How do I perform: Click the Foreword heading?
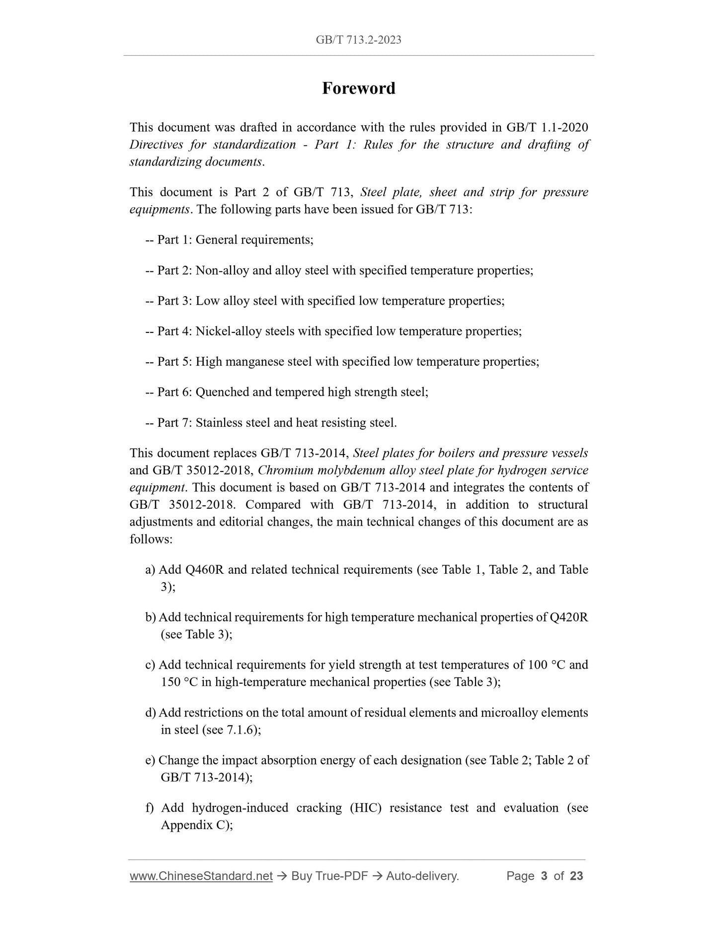pos(358,88)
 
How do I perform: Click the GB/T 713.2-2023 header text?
pos(358,40)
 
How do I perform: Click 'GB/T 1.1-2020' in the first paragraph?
pos(547,128)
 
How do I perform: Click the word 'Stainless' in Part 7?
pos(219,423)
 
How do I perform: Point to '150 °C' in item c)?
pos(179,682)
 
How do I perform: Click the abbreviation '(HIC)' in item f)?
pos(366,808)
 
